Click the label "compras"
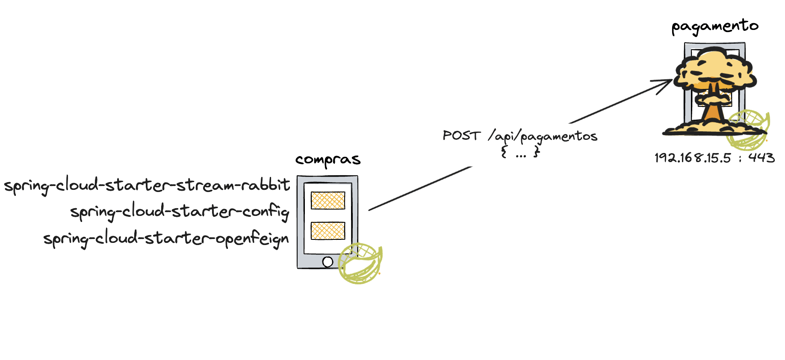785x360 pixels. coord(328,160)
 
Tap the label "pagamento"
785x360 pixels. coord(715,26)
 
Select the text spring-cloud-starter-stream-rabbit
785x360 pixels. coord(147,185)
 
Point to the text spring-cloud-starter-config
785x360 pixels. coord(180,212)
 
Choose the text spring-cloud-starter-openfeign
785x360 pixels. coord(166,239)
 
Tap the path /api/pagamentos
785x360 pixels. coord(542,137)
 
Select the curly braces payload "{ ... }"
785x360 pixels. coord(520,152)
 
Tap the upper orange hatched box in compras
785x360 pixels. coord(328,201)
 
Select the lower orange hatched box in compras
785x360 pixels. coord(328,231)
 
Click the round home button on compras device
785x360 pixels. coord(328,262)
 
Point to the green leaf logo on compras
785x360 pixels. coord(360,263)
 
